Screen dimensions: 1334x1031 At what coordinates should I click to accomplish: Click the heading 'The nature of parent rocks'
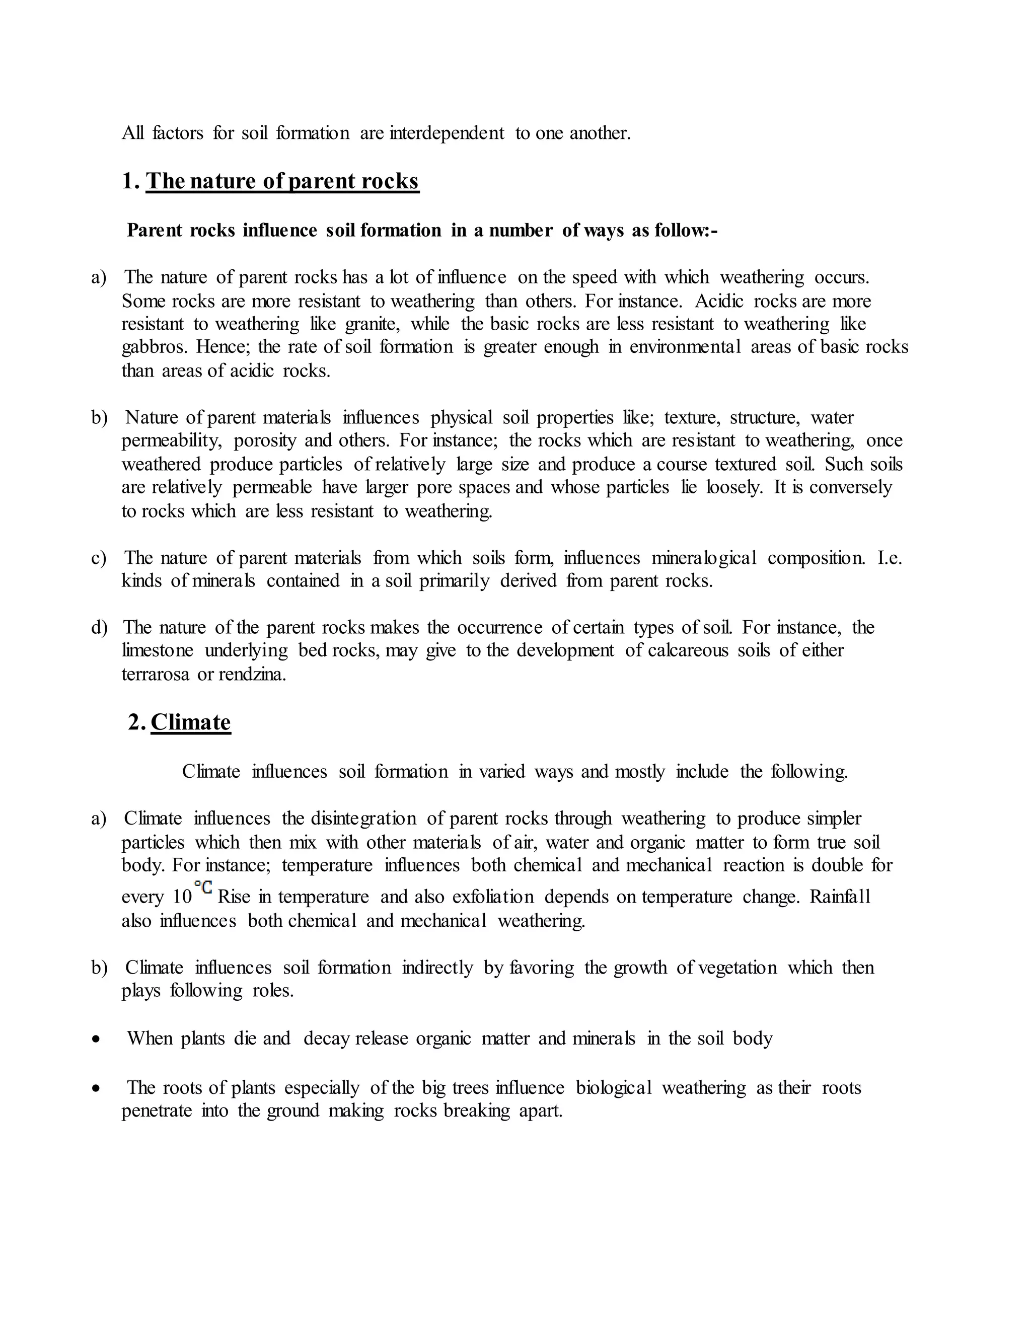(x=282, y=181)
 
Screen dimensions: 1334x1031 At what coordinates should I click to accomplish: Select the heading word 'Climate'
(x=191, y=722)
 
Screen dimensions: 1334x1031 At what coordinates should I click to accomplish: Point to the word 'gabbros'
(x=155, y=347)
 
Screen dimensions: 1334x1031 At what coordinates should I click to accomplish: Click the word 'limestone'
(x=158, y=650)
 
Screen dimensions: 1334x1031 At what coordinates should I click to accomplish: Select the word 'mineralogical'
(x=704, y=558)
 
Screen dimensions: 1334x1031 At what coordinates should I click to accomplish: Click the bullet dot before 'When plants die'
(x=95, y=1039)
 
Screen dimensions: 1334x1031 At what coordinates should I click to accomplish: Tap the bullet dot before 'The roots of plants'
(x=95, y=1088)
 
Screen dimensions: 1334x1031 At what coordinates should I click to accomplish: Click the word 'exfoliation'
(x=493, y=897)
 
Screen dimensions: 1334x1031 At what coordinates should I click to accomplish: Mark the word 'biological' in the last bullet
(x=613, y=1088)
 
